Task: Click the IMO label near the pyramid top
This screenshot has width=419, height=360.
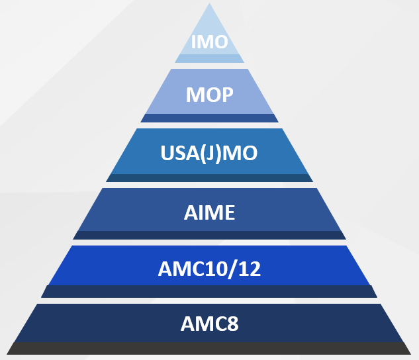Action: tap(209, 42)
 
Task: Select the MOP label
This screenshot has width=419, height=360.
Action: tap(209, 95)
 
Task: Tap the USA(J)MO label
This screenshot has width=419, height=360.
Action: tap(209, 154)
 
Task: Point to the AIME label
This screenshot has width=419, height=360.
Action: tap(209, 213)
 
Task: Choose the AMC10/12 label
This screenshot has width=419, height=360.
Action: tap(209, 269)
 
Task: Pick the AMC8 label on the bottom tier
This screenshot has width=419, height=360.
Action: tap(209, 324)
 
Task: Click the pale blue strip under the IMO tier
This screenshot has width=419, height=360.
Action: tap(209, 58)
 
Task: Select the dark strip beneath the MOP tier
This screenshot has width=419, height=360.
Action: tap(209, 118)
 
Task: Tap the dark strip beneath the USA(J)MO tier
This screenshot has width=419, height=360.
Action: tap(209, 177)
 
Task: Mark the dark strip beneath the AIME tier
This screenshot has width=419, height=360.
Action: tap(209, 235)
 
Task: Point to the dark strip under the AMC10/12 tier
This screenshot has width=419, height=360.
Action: tap(209, 291)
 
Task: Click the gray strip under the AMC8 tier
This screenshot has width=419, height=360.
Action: tap(209, 348)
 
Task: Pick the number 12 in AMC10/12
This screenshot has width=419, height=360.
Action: tap(248, 269)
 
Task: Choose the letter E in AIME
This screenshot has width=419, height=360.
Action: tap(228, 213)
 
